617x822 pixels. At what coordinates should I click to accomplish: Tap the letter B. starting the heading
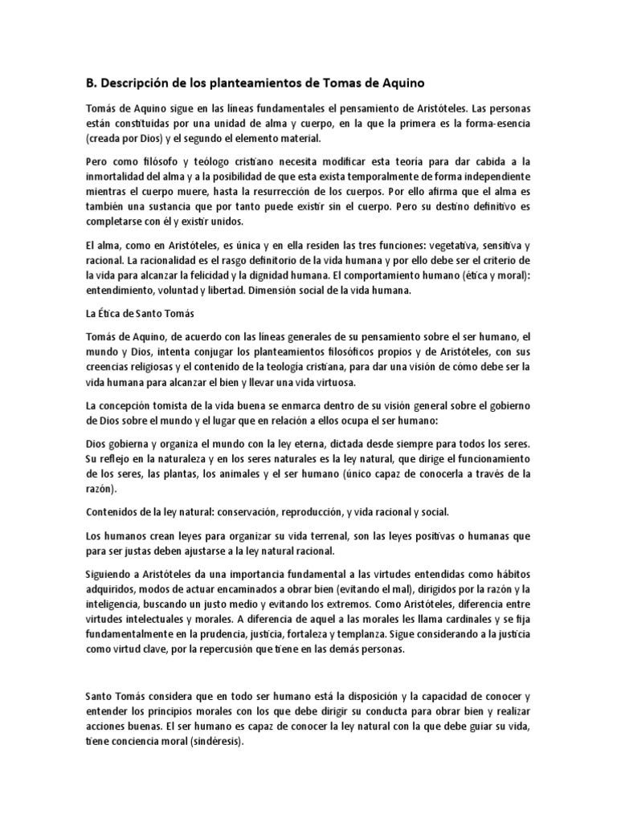(x=90, y=83)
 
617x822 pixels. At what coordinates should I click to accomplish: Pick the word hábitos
(x=513, y=574)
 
